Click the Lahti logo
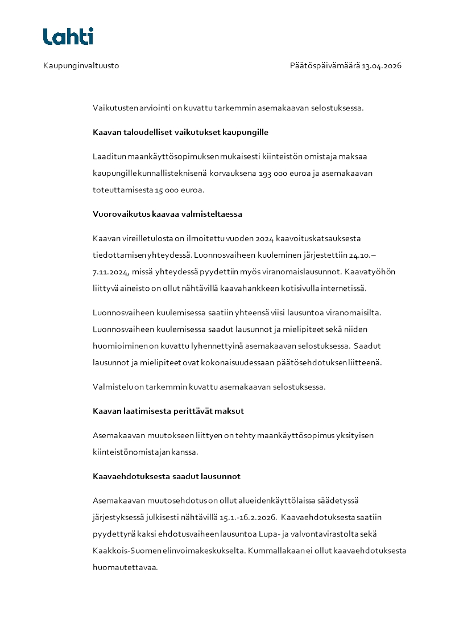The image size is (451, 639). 68,36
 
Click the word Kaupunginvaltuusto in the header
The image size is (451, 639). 81,65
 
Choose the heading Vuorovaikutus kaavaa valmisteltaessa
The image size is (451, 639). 167,215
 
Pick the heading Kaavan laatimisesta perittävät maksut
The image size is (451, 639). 168,411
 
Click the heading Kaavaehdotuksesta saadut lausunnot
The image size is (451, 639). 167,476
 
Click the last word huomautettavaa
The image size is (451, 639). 125,567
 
